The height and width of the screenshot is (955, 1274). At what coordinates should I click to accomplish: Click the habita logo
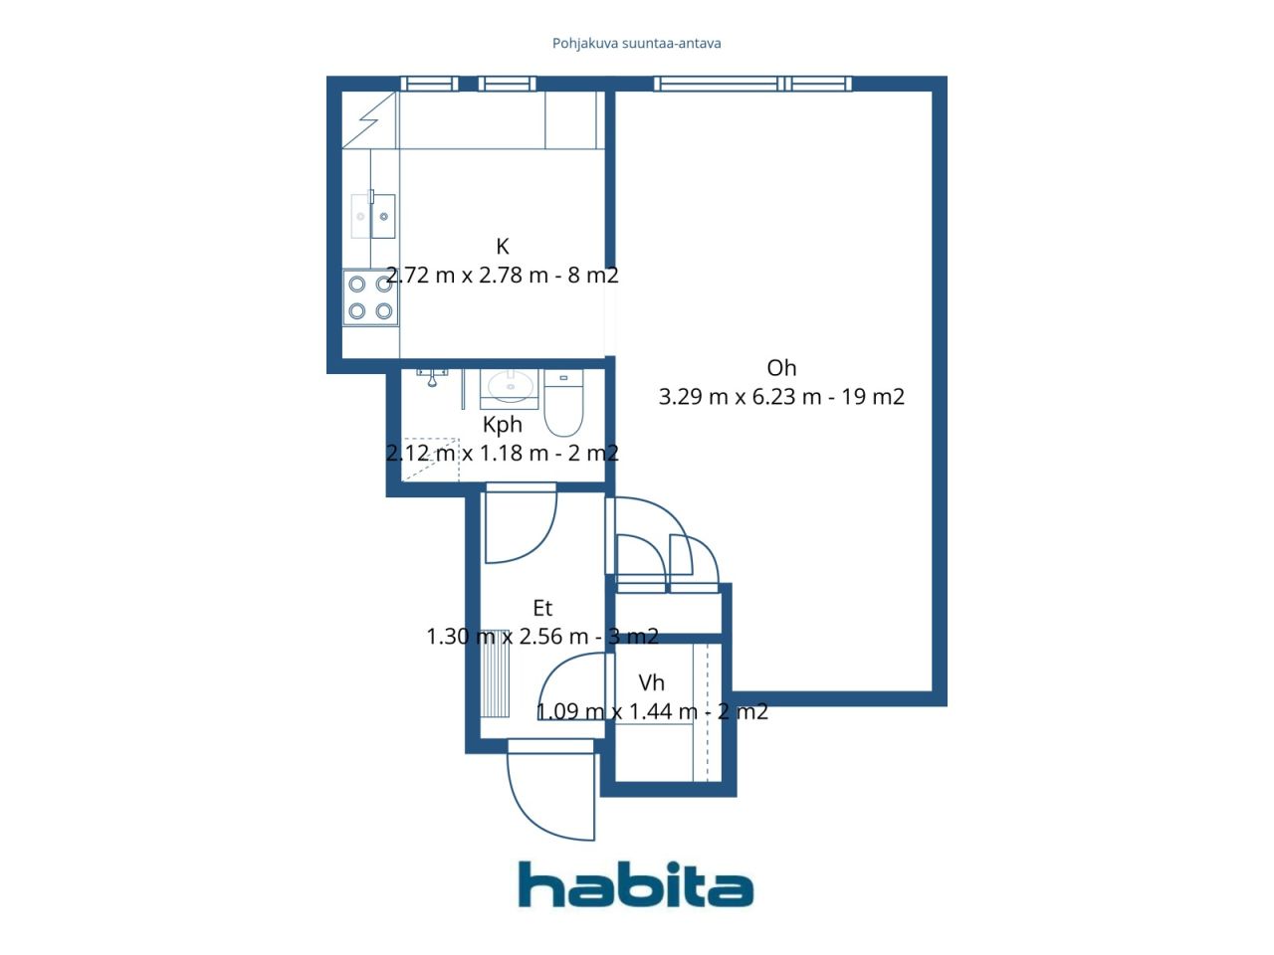(x=635, y=884)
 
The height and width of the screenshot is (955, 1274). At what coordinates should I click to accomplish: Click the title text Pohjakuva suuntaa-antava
(x=637, y=44)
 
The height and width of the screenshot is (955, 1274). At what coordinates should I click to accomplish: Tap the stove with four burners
(x=370, y=297)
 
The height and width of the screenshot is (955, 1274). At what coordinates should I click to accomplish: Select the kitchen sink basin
(x=383, y=216)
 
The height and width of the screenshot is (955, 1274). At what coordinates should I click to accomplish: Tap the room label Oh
(x=781, y=368)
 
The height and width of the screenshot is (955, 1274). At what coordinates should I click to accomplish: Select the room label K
(x=503, y=247)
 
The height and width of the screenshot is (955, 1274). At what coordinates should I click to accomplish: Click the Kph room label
(x=503, y=425)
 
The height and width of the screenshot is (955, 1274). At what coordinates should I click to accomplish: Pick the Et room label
(x=542, y=608)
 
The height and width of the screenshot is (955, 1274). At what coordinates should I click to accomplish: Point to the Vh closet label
(x=652, y=682)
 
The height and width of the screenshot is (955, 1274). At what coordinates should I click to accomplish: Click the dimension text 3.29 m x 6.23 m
(x=741, y=397)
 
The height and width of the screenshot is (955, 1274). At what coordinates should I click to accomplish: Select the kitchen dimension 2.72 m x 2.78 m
(x=468, y=276)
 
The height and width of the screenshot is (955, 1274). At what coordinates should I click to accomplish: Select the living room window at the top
(x=752, y=84)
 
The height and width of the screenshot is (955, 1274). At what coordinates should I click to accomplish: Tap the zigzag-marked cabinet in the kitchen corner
(x=369, y=119)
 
